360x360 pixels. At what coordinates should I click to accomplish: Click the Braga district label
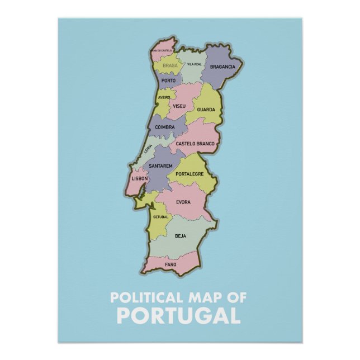(x=170, y=65)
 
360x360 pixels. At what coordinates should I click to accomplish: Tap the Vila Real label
(x=194, y=64)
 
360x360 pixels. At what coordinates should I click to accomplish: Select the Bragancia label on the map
(x=222, y=67)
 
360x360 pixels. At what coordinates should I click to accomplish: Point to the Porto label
(x=168, y=80)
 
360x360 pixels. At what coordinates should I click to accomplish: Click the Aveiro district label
(x=164, y=97)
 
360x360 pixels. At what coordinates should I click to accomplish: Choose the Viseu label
(x=179, y=105)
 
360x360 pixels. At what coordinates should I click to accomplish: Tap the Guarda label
(x=206, y=110)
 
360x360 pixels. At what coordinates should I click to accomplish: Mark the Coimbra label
(x=165, y=127)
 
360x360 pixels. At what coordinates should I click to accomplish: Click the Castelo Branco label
(x=195, y=144)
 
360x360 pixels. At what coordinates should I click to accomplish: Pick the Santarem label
(x=160, y=166)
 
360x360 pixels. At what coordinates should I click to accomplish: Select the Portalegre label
(x=190, y=174)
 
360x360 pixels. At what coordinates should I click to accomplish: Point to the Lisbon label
(x=139, y=178)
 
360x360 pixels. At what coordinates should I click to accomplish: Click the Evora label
(x=183, y=202)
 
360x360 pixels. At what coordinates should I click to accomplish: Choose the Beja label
(x=181, y=236)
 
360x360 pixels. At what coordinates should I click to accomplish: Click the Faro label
(x=170, y=264)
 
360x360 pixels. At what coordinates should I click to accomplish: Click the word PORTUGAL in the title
(x=179, y=315)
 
